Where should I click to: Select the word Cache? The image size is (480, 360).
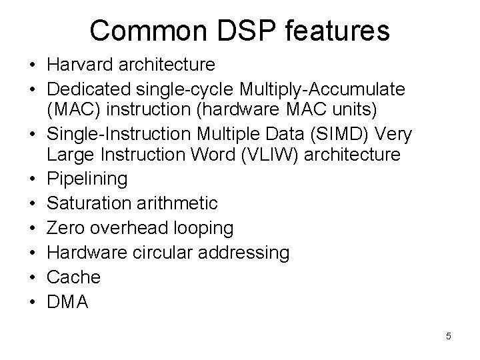click(x=73, y=277)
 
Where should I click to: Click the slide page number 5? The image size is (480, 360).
click(x=448, y=337)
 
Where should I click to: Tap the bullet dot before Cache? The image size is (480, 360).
click(x=32, y=277)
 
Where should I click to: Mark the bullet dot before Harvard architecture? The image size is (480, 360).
click(x=32, y=65)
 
